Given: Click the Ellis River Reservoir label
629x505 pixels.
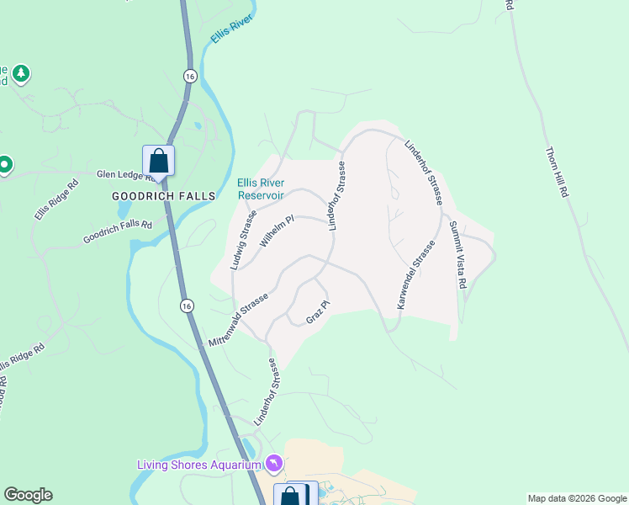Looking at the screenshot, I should point(261,189).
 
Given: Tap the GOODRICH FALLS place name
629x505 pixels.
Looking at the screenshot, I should point(164,195).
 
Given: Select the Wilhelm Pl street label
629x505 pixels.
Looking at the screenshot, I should point(277,231).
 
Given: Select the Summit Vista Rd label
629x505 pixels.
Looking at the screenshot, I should point(457,255).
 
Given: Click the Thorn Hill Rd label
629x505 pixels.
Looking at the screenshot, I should point(557,173).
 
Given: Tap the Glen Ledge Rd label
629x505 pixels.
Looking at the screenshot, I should point(122,175).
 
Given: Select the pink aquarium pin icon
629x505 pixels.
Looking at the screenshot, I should point(273,464).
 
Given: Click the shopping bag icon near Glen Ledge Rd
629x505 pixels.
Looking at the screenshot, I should point(158,160).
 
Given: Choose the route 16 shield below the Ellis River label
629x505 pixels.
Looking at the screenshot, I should point(190,75).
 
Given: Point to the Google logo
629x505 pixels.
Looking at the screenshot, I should point(28,495).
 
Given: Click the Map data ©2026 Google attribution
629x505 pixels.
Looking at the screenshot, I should point(577,498).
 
